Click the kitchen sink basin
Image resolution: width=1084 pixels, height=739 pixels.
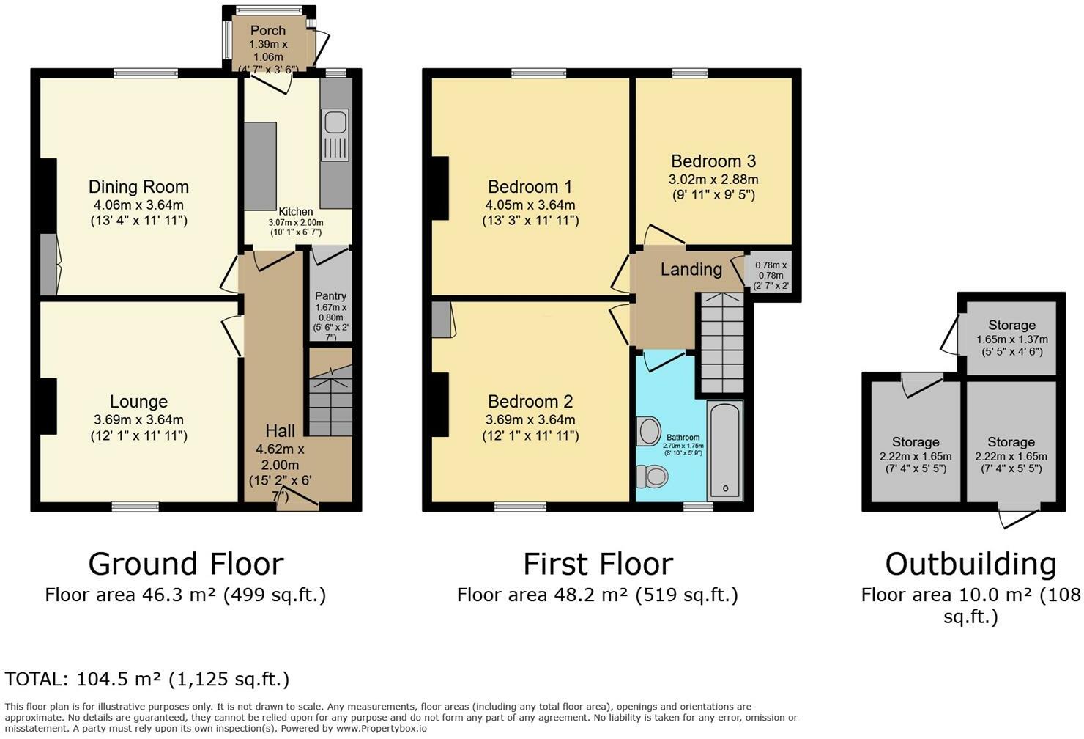pyautogui.click(x=335, y=122)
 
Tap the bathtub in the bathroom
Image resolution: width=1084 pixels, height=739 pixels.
pyautogui.click(x=724, y=450)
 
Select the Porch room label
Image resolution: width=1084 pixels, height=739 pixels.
pyautogui.click(x=268, y=31)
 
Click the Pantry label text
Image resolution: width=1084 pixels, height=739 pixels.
pyautogui.click(x=330, y=296)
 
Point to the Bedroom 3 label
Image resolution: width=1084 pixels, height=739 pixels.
pyautogui.click(x=713, y=161)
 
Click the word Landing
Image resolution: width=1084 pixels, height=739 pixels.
pyautogui.click(x=691, y=269)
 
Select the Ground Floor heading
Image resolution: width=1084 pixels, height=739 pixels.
pyautogui.click(x=186, y=565)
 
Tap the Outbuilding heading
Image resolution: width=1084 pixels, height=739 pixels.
pyautogui.click(x=970, y=565)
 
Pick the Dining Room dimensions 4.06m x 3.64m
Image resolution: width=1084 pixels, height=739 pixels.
pyautogui.click(x=138, y=205)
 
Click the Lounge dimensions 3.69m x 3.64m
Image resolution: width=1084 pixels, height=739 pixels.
pyautogui.click(x=138, y=420)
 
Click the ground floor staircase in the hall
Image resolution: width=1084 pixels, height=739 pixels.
pyautogui.click(x=330, y=392)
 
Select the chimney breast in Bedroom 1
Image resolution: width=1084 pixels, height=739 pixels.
pyautogui.click(x=440, y=188)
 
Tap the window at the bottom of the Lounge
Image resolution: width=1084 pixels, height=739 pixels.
pyautogui.click(x=135, y=507)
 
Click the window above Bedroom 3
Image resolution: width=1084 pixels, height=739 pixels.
pyautogui.click(x=690, y=73)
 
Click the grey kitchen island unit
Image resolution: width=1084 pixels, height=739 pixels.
pyautogui.click(x=260, y=166)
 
